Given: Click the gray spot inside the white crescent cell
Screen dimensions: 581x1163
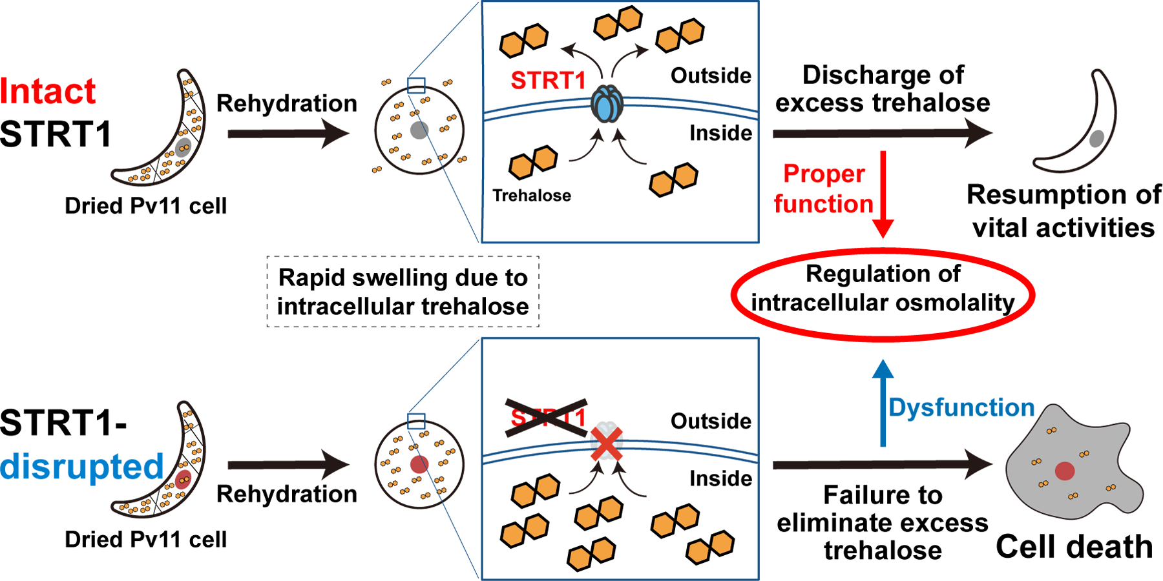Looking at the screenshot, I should click(x=1096, y=138).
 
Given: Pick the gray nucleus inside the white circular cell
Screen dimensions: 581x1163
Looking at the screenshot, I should click(x=419, y=130).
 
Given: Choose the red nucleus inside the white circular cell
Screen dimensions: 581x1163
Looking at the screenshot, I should click(x=419, y=464).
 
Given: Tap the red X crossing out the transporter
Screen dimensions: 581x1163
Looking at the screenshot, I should click(x=607, y=446).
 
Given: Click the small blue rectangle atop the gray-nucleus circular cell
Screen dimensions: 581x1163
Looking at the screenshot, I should click(x=417, y=90).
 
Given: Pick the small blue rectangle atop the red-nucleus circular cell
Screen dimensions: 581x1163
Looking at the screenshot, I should click(x=416, y=423).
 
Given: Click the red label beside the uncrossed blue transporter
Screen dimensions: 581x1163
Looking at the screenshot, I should click(x=544, y=79).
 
